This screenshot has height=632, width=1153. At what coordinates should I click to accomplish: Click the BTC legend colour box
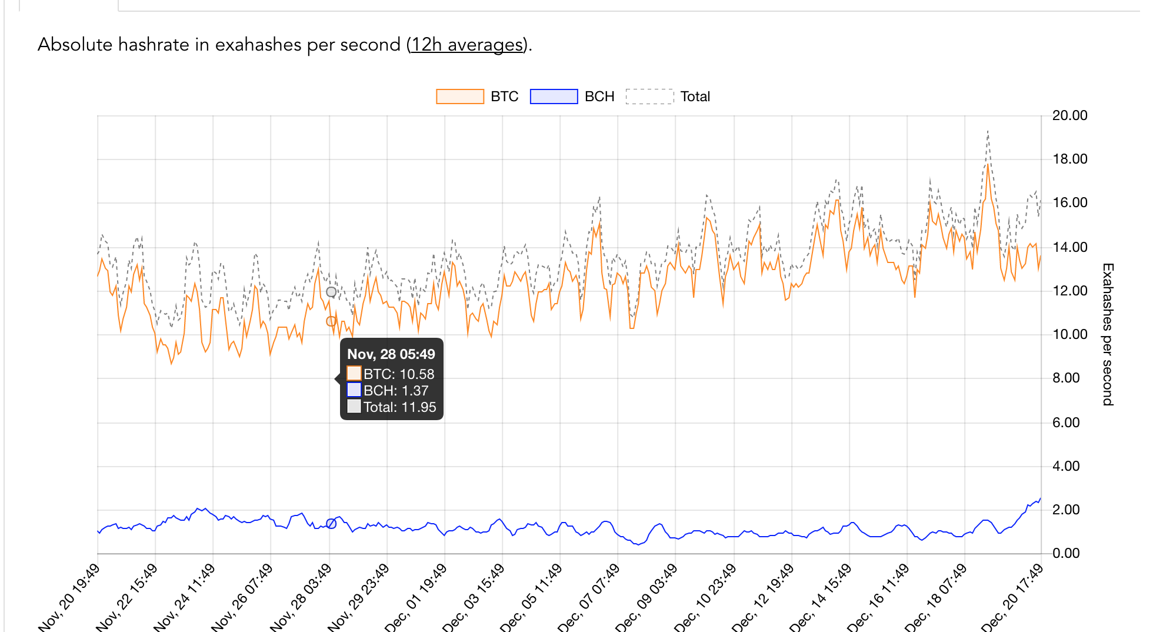click(459, 97)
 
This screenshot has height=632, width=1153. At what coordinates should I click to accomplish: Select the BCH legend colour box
click(554, 97)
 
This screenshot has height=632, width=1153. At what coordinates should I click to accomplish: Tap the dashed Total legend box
click(649, 97)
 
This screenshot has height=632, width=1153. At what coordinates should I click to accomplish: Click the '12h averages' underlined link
click(467, 45)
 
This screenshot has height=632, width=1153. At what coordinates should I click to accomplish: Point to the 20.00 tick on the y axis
click(1069, 115)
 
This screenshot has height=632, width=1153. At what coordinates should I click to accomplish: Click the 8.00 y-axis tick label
click(1066, 378)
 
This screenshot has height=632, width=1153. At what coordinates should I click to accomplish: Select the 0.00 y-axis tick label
click(1066, 553)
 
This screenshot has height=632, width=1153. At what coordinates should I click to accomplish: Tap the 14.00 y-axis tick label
click(1069, 247)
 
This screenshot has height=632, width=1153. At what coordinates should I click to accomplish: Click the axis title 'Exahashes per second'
click(1107, 334)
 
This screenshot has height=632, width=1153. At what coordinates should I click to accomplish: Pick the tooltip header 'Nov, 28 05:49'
click(391, 354)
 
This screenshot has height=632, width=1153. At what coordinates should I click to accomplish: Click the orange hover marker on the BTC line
click(331, 321)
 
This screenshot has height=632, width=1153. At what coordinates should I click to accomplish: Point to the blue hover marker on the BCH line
click(331, 523)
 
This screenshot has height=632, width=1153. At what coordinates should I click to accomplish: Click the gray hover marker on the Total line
click(331, 292)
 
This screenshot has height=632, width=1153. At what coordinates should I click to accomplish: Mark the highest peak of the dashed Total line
click(988, 131)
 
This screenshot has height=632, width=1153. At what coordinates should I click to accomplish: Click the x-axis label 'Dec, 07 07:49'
click(589, 597)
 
